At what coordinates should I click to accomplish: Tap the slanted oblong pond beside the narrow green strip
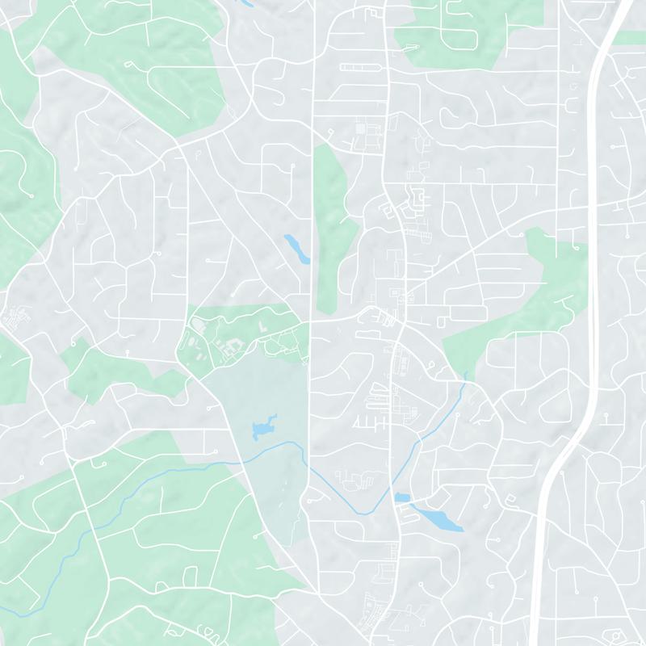pyautogui.click(x=296, y=249)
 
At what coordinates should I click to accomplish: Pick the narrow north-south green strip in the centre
pyautogui.click(x=332, y=226)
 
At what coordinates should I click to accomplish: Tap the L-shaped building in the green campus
pyautogui.click(x=263, y=326)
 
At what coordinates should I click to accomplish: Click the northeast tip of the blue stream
pyautogui.click(x=466, y=374)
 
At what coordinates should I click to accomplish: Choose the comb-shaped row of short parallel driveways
pyautogui.click(x=367, y=421)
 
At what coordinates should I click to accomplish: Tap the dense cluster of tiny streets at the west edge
pyautogui.click(x=12, y=317)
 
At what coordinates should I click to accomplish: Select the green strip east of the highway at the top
pyautogui.click(x=630, y=36)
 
